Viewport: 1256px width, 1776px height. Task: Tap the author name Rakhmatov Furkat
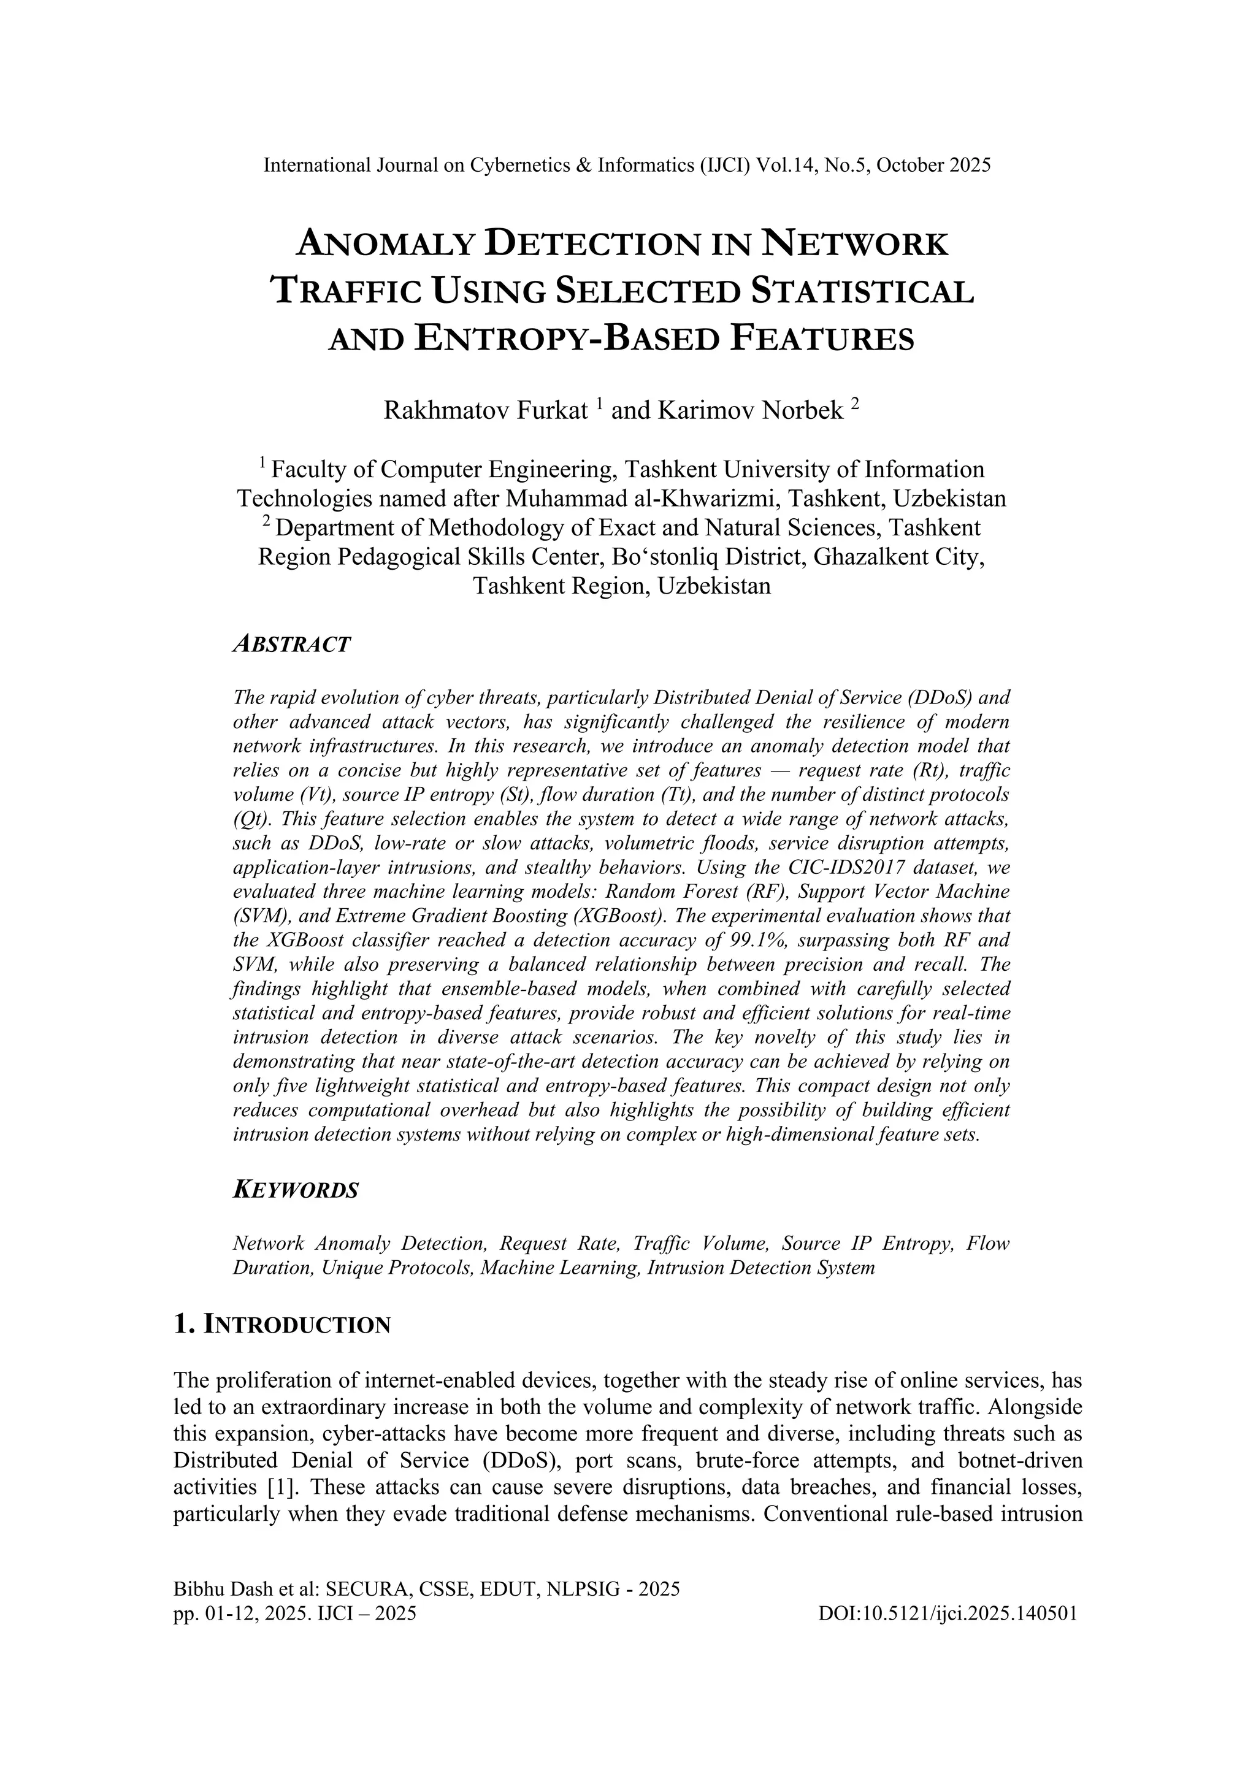(486, 410)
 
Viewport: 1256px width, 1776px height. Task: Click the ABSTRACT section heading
(291, 645)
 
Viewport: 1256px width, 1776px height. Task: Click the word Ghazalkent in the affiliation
(841, 557)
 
